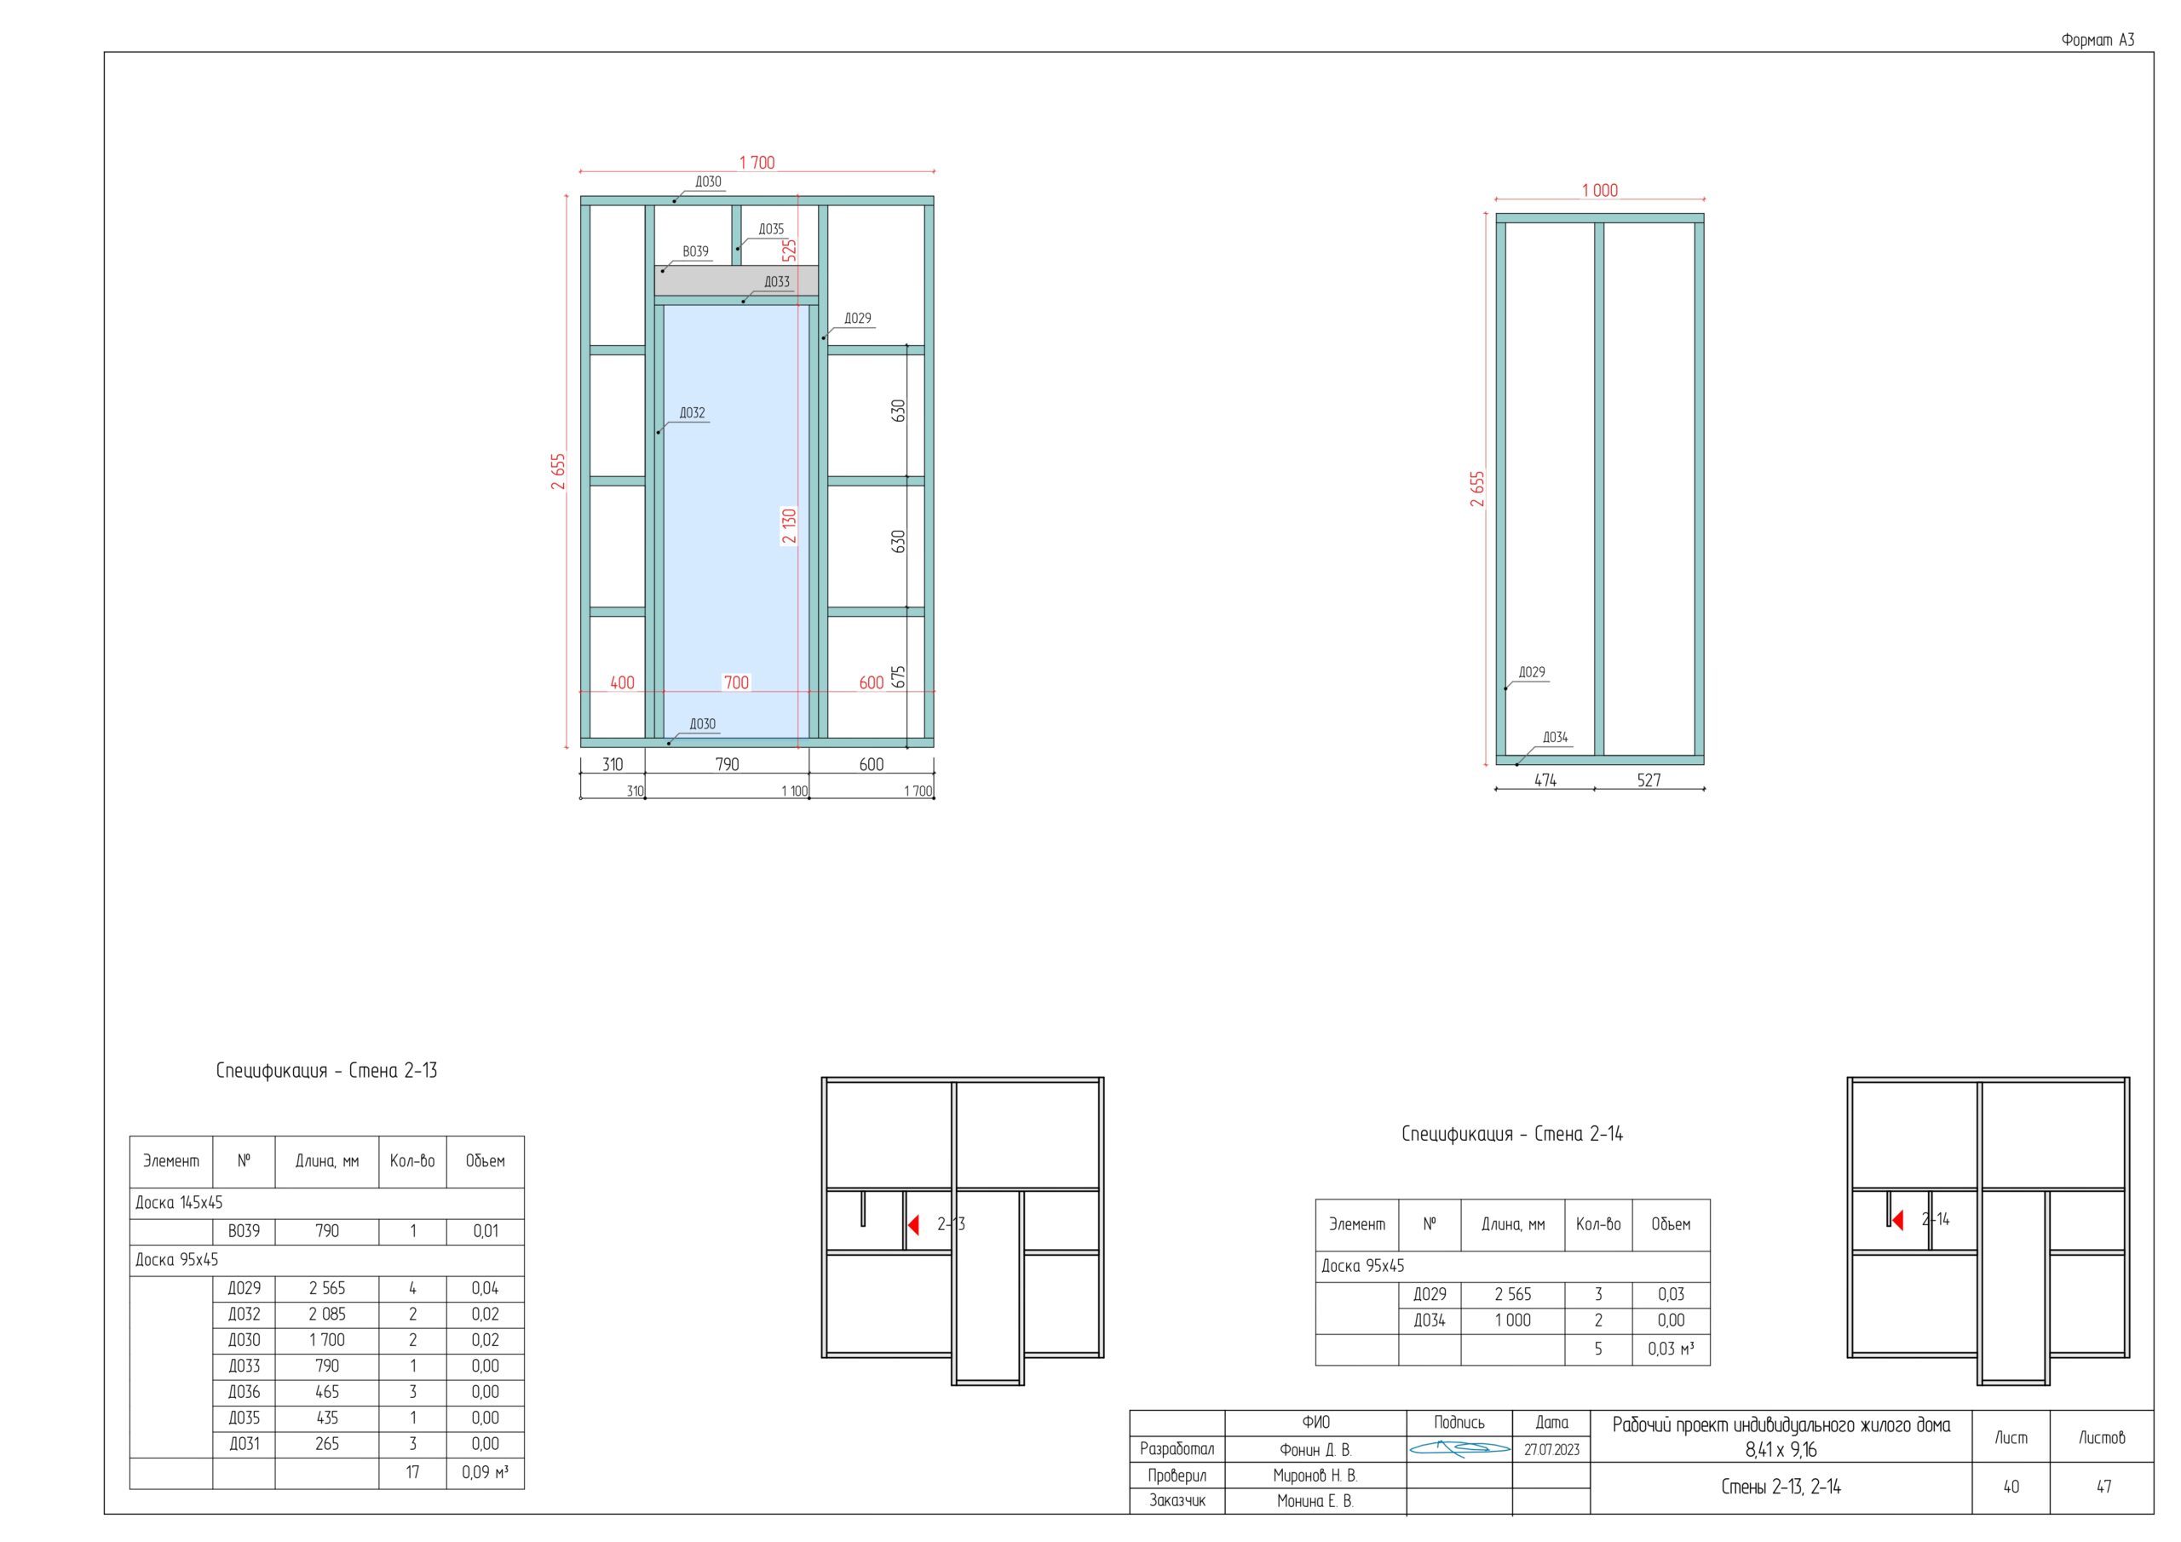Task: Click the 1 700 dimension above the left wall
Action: (x=757, y=163)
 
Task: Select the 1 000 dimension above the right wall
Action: (x=1600, y=190)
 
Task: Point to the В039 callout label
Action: (x=695, y=252)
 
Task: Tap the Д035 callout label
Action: (x=771, y=229)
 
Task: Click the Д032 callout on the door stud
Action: (x=693, y=412)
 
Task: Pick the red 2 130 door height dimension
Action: (x=790, y=526)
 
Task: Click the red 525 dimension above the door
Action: (x=790, y=250)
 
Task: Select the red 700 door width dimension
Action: (x=736, y=682)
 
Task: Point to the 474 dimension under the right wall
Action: (x=1545, y=780)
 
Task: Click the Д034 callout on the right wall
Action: (x=1555, y=737)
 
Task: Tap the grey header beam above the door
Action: (x=736, y=281)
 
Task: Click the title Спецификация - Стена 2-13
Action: (x=327, y=1071)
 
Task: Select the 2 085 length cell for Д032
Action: (x=327, y=1314)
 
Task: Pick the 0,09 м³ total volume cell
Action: (x=485, y=1473)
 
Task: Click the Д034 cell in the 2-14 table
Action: (x=1430, y=1320)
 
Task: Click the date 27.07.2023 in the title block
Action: (x=1551, y=1450)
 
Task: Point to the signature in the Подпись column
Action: (x=1459, y=1449)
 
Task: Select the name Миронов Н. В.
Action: (x=1315, y=1476)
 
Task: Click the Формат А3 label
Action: (x=2098, y=40)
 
